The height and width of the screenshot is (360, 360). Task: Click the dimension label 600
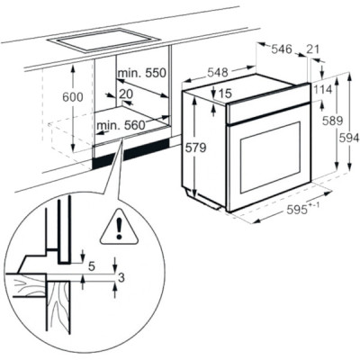(72, 97)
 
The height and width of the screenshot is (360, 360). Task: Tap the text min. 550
(142, 73)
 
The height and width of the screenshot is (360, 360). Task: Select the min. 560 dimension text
(121, 125)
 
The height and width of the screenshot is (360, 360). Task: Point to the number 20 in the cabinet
(126, 94)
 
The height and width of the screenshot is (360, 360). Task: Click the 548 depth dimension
(218, 72)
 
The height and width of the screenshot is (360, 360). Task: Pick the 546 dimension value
(282, 49)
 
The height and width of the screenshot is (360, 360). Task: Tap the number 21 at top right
(313, 49)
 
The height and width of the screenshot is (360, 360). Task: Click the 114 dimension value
(322, 89)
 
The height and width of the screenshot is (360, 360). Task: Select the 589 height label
(332, 121)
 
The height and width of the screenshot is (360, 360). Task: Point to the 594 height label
(349, 138)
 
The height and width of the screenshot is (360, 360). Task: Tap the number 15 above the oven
(225, 94)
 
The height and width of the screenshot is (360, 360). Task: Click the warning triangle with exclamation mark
(120, 228)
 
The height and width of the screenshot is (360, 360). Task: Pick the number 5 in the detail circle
(92, 265)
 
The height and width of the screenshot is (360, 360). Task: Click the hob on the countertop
(103, 40)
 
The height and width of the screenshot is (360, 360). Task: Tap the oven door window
(270, 157)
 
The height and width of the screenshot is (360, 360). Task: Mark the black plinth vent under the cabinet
(131, 153)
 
